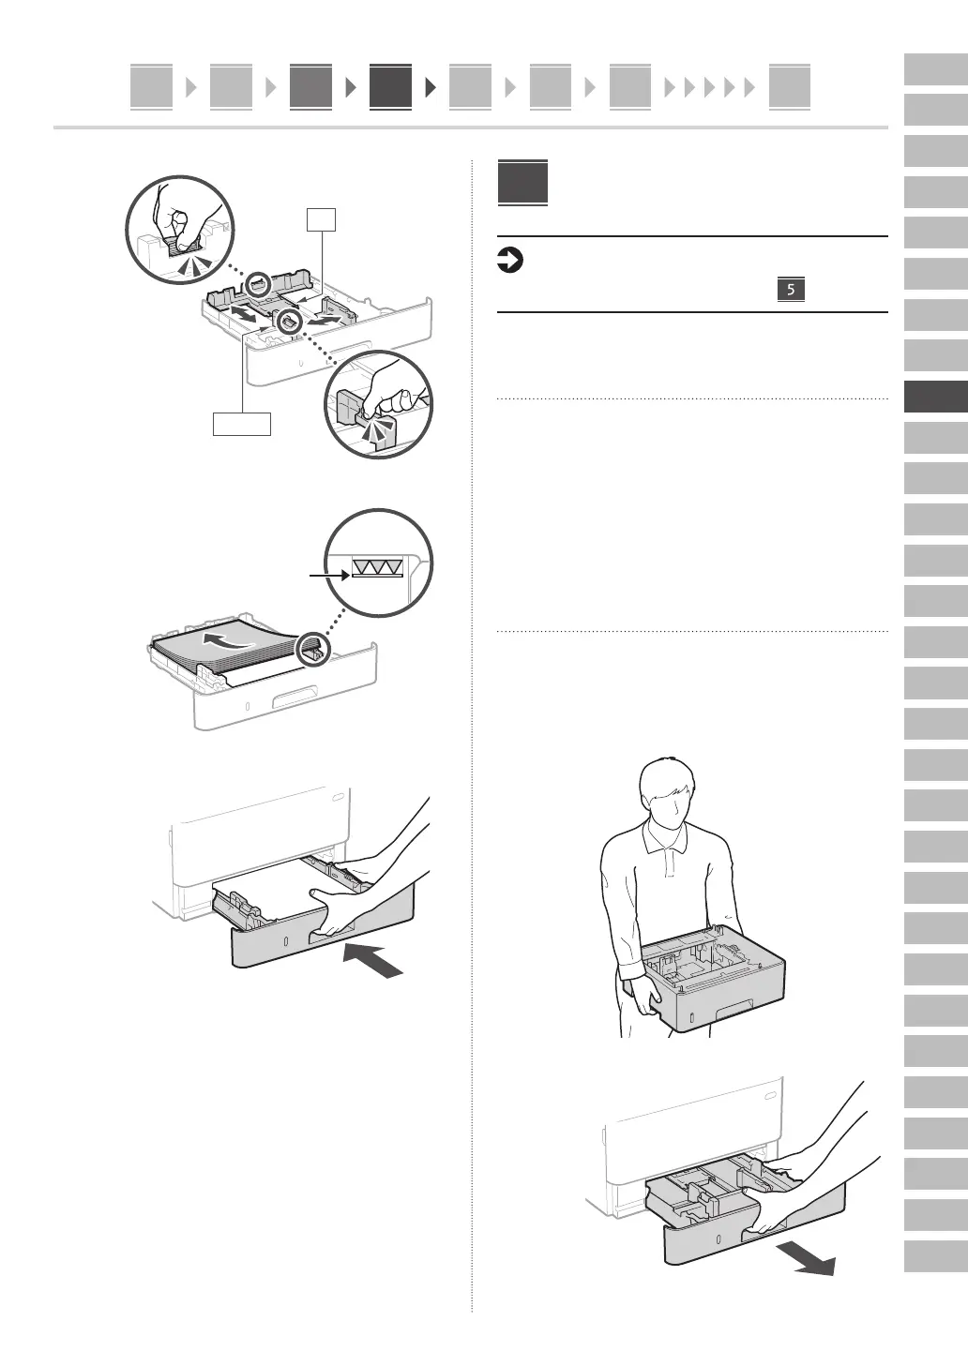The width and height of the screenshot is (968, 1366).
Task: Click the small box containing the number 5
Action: [x=791, y=290]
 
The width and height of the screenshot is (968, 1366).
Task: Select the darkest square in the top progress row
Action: [x=390, y=86]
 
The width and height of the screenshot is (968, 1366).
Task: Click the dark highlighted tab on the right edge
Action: [x=935, y=397]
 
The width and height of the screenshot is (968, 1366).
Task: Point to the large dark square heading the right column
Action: [x=522, y=183]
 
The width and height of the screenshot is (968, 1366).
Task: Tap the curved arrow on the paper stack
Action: [x=231, y=641]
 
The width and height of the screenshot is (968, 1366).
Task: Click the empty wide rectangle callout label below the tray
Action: [x=242, y=424]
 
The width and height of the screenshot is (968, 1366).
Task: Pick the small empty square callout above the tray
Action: [x=321, y=219]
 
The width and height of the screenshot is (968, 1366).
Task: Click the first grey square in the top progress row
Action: [x=151, y=86]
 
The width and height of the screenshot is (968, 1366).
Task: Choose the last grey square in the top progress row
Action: [x=789, y=86]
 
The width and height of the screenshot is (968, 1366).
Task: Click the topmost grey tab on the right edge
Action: [x=935, y=69]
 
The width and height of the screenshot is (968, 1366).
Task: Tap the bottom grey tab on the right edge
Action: [x=935, y=1256]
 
